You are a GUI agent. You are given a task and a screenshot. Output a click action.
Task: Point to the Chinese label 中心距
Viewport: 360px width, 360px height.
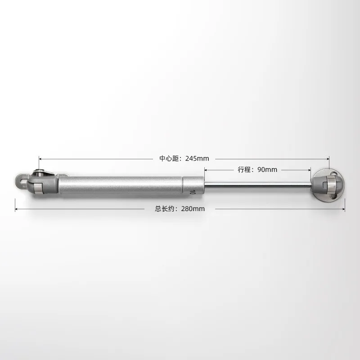click(170, 158)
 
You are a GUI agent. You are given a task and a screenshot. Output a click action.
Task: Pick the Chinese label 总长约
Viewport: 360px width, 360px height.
click(165, 209)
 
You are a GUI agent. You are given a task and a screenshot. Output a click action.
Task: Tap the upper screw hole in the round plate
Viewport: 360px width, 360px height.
click(333, 173)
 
